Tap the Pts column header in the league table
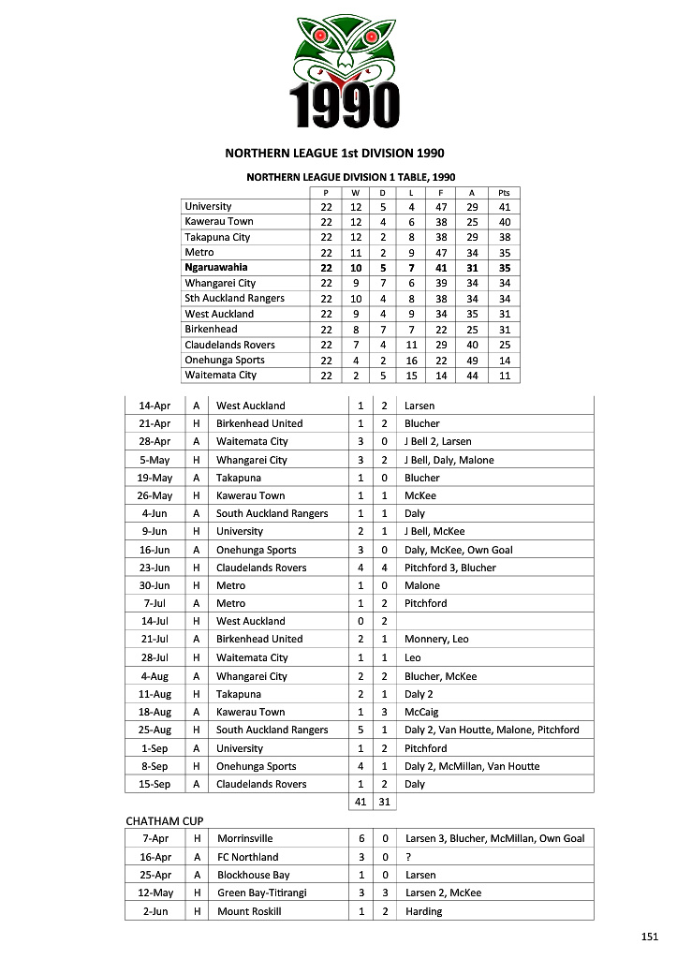505,192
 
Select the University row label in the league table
208,206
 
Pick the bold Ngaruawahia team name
215,267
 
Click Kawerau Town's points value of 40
505,222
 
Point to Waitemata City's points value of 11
505,375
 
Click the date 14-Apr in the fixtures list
155,406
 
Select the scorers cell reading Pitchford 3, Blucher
449,568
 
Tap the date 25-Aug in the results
155,730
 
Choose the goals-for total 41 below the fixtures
360,802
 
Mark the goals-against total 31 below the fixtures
384,802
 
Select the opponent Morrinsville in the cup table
244,838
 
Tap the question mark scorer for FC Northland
408,857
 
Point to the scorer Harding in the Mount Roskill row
423,911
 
